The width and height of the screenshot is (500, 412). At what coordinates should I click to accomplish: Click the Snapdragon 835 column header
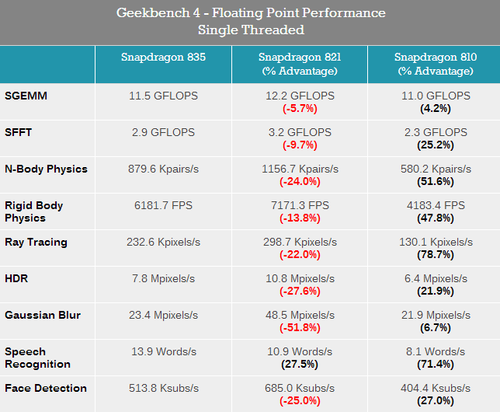[x=163, y=57]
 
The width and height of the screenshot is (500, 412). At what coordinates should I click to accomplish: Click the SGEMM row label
[x=27, y=96]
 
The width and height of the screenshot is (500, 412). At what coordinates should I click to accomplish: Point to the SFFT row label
[x=19, y=132]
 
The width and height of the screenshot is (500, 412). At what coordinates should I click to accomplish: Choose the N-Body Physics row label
[x=46, y=169]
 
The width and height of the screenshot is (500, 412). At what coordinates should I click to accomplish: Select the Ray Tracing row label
[x=36, y=242]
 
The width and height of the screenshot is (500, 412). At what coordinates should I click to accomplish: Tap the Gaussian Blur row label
[x=42, y=315]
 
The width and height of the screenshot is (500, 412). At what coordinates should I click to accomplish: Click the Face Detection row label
[x=46, y=388]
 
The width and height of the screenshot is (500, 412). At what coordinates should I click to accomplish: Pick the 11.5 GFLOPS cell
[x=163, y=96]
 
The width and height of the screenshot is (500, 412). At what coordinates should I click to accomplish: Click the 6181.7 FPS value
[x=163, y=205]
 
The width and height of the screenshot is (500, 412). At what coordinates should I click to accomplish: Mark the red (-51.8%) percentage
[x=300, y=327]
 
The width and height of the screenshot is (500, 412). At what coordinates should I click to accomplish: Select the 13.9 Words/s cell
[x=163, y=351]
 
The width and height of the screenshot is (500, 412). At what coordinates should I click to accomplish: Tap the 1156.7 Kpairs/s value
[x=300, y=169]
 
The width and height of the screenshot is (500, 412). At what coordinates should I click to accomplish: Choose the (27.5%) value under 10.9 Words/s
[x=300, y=364]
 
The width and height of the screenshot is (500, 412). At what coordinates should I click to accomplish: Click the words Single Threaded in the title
[x=250, y=30]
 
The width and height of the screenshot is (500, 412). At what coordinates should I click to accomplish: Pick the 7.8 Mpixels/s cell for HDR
[x=163, y=278]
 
